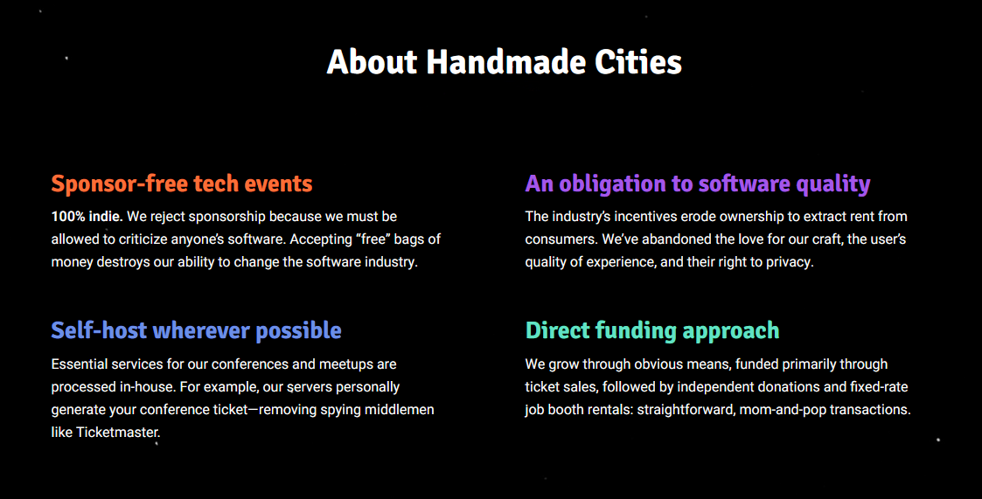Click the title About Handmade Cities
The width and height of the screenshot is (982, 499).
[x=505, y=62]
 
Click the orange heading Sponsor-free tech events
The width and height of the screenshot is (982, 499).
[x=182, y=184]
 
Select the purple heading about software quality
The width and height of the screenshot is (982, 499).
[x=698, y=184]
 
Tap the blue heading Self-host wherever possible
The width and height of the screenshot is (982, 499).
[x=196, y=330]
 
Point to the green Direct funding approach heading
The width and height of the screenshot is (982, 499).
[x=652, y=330]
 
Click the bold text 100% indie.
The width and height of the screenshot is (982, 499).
[x=87, y=217]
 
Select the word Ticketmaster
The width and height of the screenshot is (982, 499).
[x=118, y=432]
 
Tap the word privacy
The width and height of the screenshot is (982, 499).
[x=790, y=262]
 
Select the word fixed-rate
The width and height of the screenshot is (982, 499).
[x=879, y=387]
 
